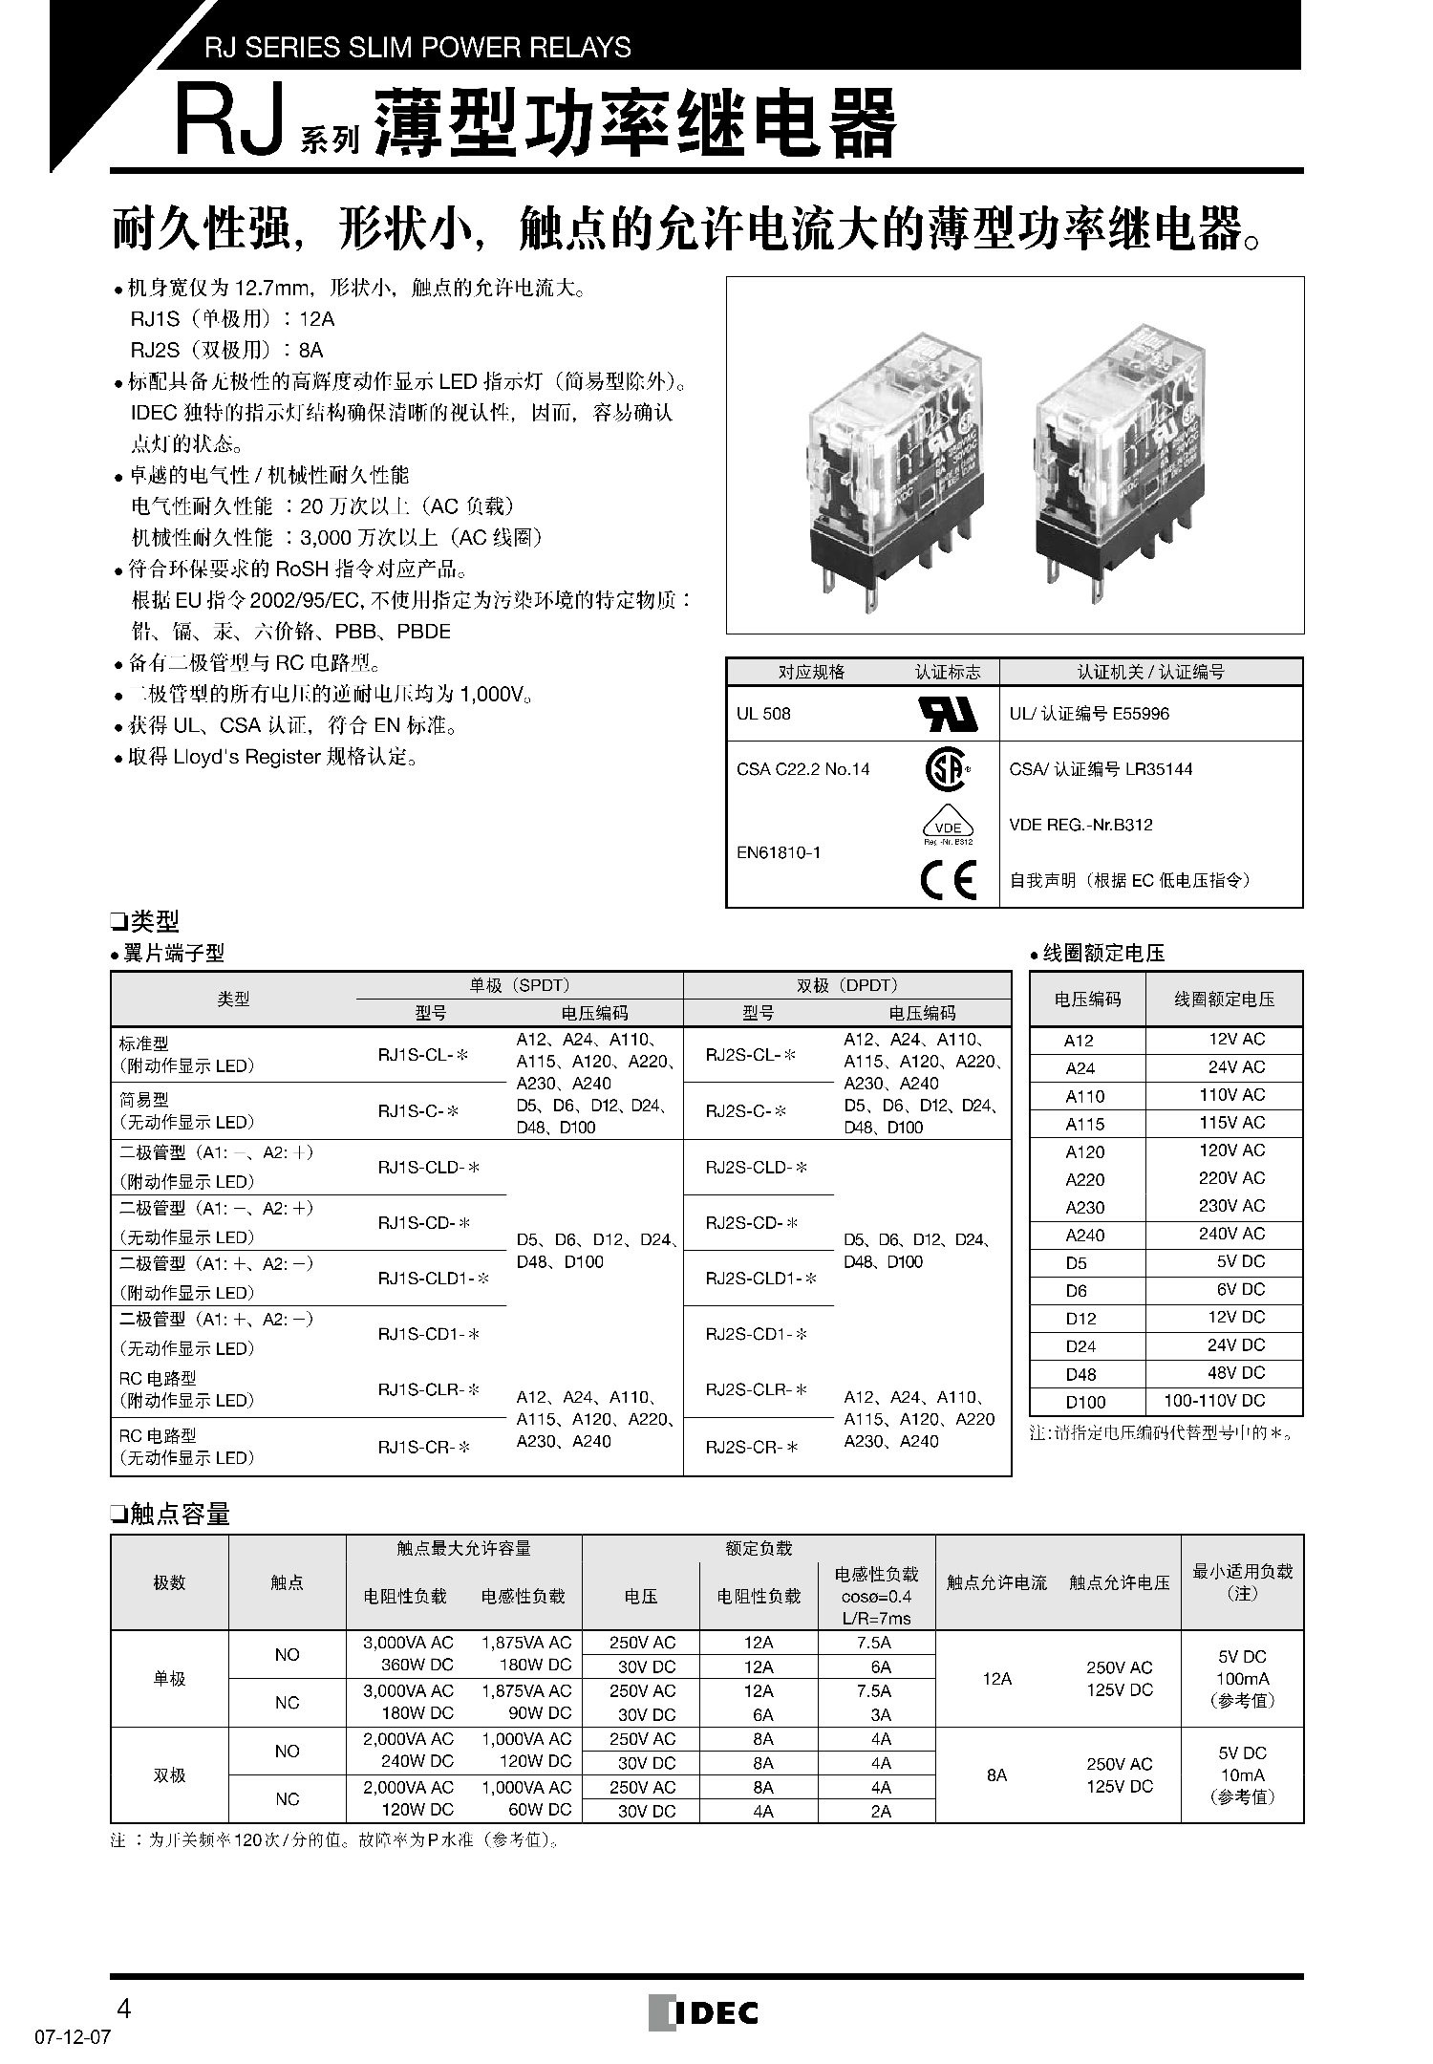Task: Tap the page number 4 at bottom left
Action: click(x=122, y=2006)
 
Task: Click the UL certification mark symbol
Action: click(x=948, y=714)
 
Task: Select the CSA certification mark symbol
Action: click(x=947, y=769)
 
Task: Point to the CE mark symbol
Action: click(x=948, y=880)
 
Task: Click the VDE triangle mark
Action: click(x=948, y=827)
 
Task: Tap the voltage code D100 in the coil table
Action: click(x=1085, y=1402)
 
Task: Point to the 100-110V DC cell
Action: click(x=1214, y=1401)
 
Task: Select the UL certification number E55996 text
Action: click(x=1089, y=714)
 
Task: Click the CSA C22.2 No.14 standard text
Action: click(x=803, y=769)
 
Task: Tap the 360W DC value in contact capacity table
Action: click(x=408, y=1665)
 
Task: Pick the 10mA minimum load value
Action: click(x=1242, y=1774)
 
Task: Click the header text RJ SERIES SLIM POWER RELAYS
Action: click(x=417, y=47)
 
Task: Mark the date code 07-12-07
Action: click(x=73, y=2036)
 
